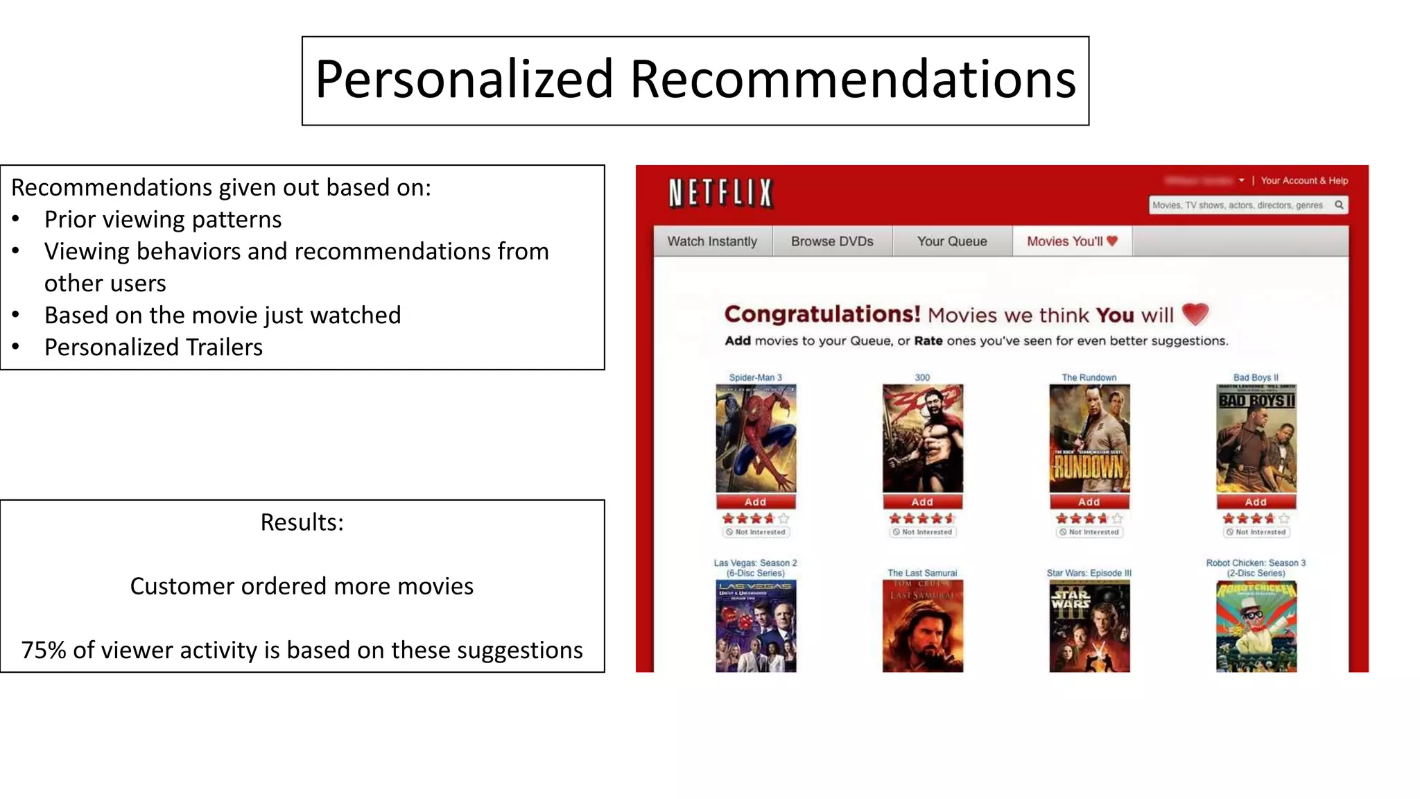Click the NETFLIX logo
720,193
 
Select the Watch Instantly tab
712,241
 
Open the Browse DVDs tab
832,241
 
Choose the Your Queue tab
952,241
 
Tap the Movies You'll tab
1072,241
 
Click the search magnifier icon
1339,205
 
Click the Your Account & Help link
1304,180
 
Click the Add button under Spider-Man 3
756,502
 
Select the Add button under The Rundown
1089,502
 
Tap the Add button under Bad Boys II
1256,502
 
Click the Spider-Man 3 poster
756,438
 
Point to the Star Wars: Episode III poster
1089,626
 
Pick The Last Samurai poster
922,626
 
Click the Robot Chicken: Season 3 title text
1256,563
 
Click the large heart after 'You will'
1195,314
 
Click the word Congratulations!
822,314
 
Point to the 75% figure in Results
44,650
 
